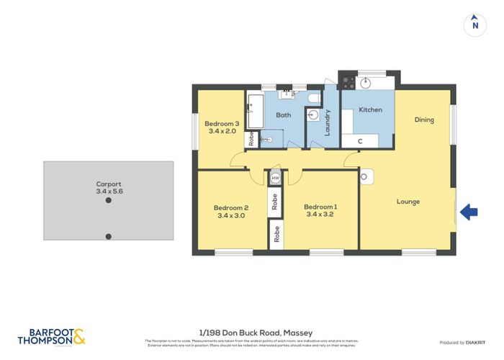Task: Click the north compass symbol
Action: point(474,24)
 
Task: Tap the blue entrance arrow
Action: point(469,212)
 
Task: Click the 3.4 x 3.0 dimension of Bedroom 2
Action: point(231,216)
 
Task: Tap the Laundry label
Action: point(328,122)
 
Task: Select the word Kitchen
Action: point(371,109)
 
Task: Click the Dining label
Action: point(424,120)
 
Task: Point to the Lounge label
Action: point(408,202)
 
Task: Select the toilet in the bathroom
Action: point(314,98)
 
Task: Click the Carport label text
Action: point(108,184)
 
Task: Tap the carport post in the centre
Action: point(108,201)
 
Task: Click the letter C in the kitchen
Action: point(361,141)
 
